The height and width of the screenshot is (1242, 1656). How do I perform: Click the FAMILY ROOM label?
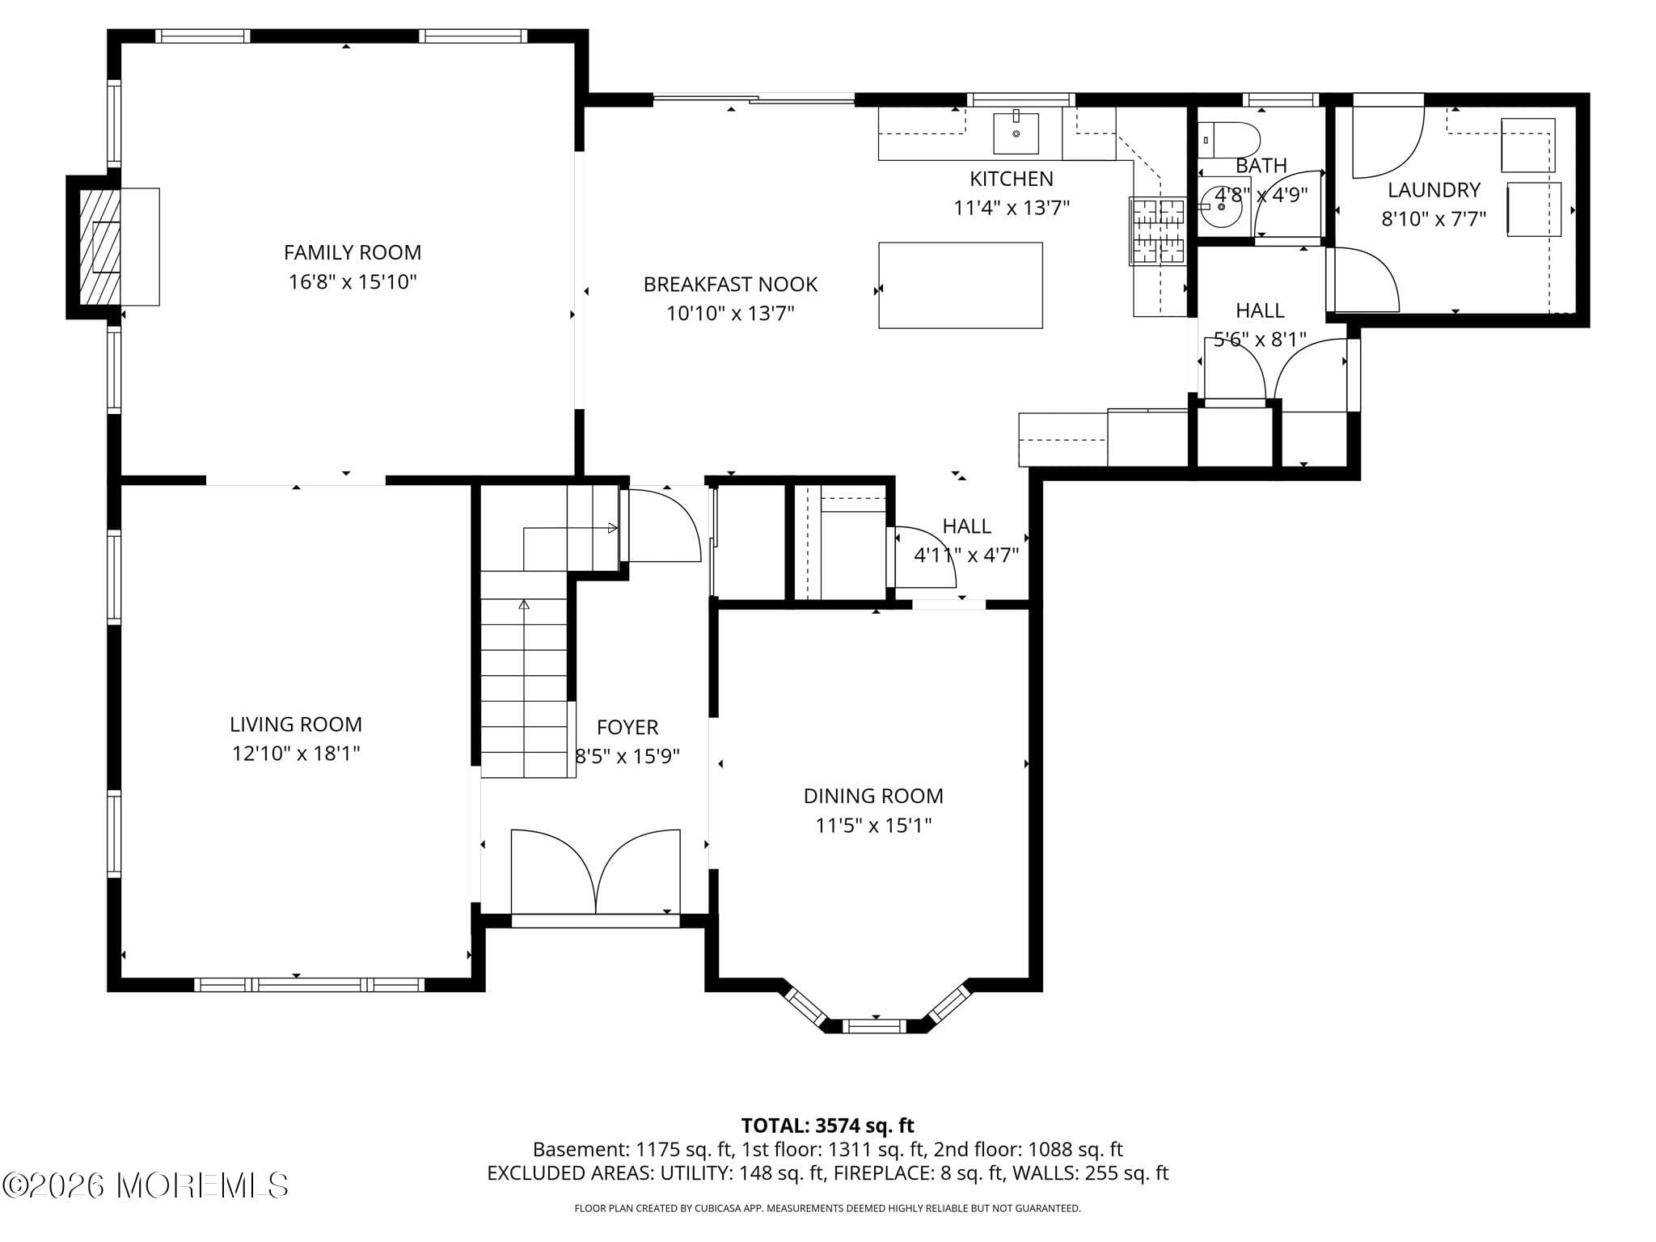(352, 252)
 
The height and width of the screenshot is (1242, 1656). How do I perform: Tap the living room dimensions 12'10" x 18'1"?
(295, 754)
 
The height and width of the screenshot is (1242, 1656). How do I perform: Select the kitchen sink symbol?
(1016, 133)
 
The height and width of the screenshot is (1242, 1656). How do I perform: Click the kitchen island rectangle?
(960, 285)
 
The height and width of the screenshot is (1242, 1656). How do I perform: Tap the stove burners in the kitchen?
(1157, 231)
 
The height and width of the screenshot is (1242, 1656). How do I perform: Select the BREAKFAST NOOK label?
(730, 285)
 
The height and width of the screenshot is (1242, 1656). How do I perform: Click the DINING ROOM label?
(873, 796)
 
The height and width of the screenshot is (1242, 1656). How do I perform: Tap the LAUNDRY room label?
(1434, 190)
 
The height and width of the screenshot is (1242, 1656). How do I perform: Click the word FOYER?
(627, 727)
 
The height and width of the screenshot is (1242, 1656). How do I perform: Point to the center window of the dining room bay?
(875, 1026)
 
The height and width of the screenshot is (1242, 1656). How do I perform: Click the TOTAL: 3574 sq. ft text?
(827, 1126)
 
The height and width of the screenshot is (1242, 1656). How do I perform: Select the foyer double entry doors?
(596, 873)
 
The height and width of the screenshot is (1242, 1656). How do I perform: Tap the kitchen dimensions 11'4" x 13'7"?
(1011, 208)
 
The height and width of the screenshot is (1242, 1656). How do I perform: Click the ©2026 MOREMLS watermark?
(146, 1185)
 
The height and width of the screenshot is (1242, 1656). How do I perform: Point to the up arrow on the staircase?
(524, 604)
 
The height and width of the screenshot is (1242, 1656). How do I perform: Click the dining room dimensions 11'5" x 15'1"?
(873, 826)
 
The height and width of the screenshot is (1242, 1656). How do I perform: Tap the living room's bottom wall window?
(309, 984)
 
